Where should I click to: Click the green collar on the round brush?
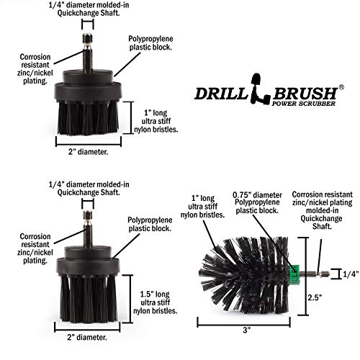297,273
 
